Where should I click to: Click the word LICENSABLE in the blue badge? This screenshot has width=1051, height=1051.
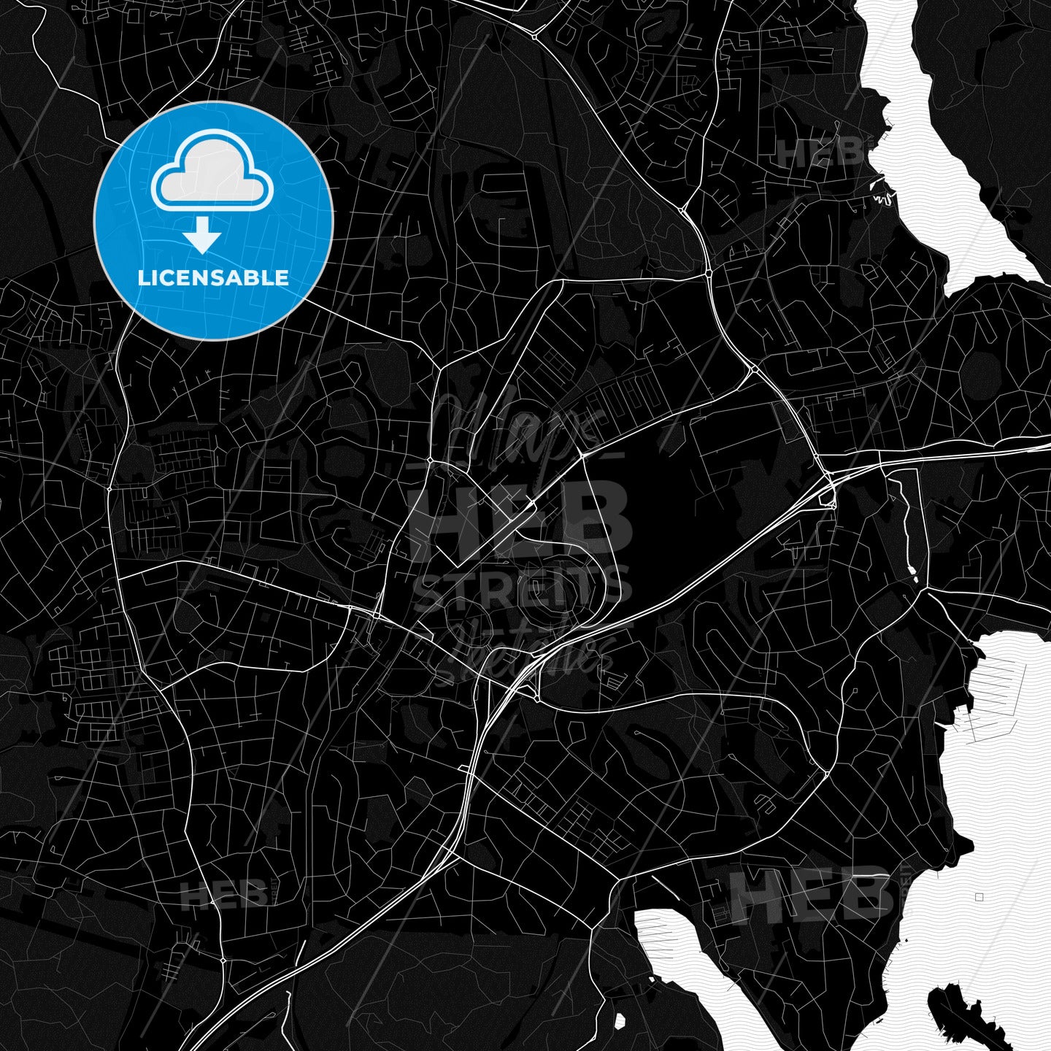213,278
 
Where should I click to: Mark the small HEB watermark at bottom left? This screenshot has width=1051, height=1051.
224,895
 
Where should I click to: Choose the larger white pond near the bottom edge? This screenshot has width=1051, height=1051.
620,1020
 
